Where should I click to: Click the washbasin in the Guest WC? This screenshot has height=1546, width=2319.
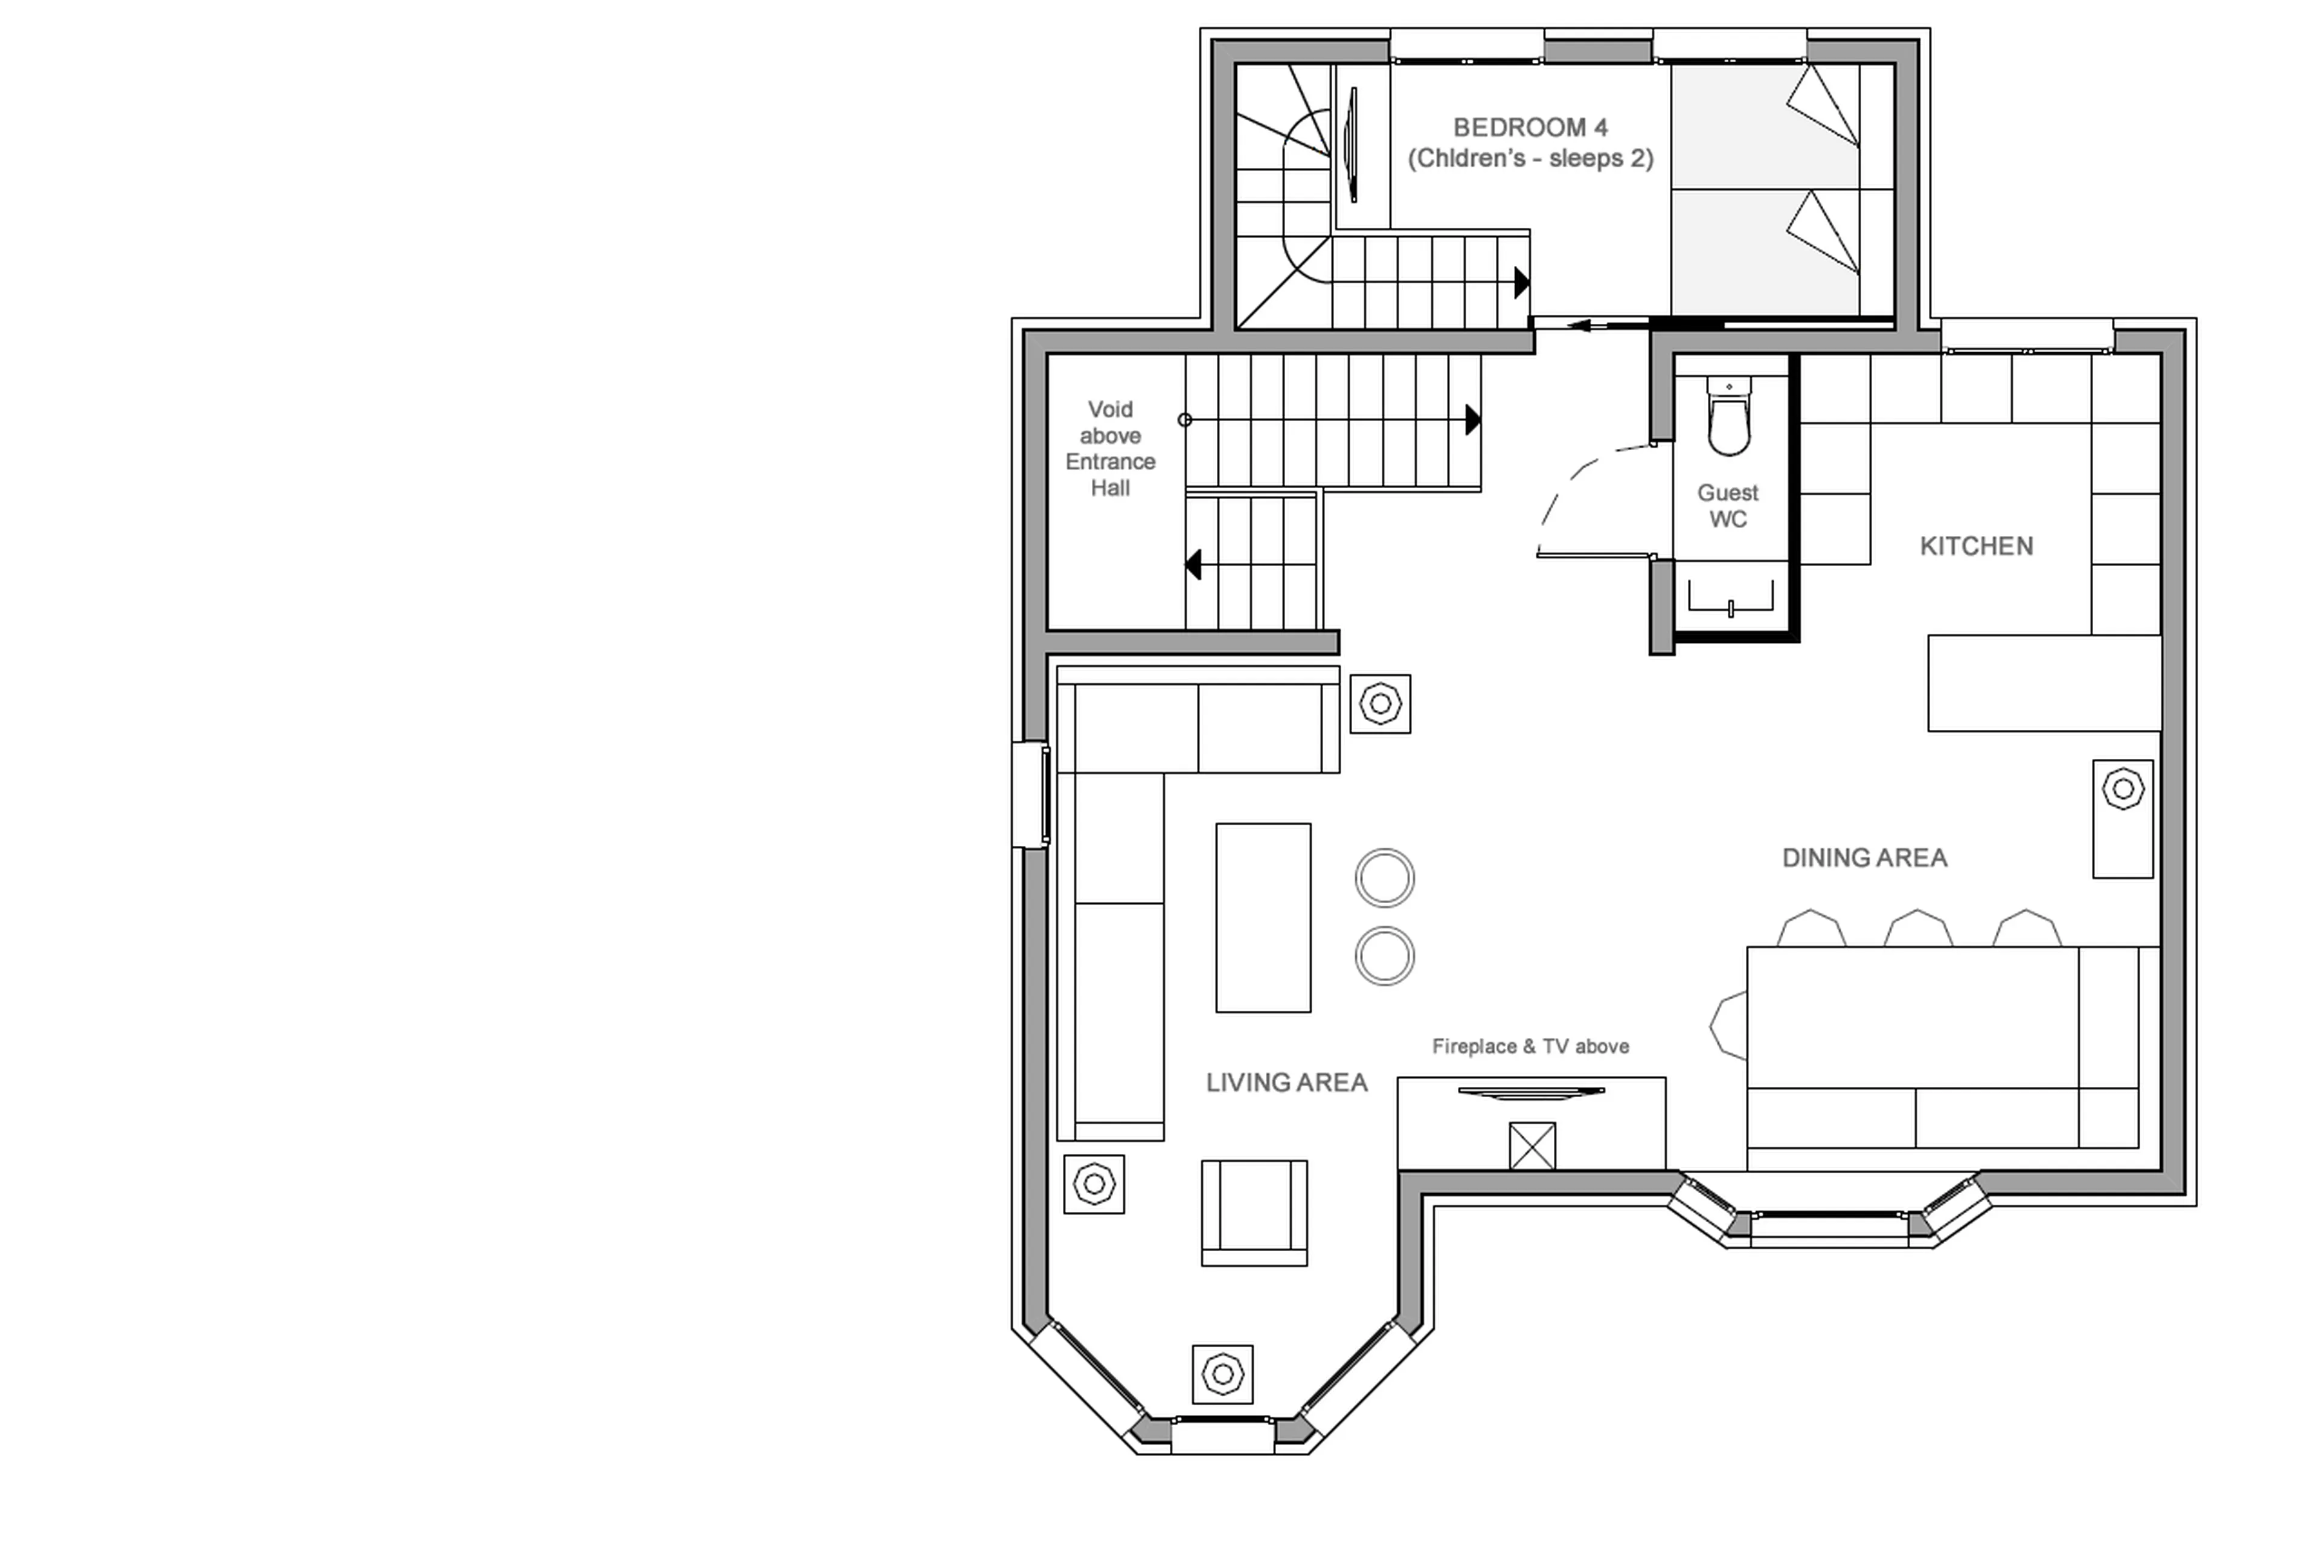coord(1730,596)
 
